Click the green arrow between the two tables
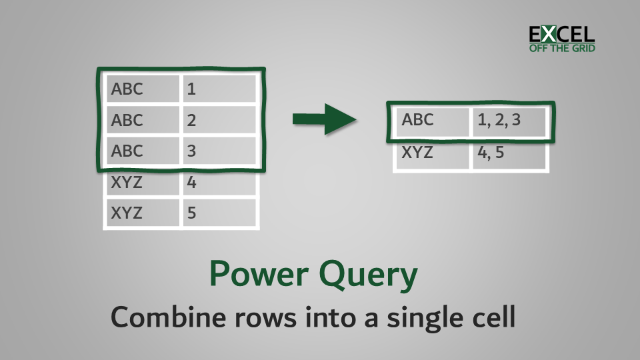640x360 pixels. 324,119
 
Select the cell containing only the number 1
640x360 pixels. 219,89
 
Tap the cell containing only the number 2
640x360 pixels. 219,120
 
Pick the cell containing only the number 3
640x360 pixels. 219,151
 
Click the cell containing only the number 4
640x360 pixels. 219,182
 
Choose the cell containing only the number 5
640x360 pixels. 219,213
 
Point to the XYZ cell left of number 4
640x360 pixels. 141,182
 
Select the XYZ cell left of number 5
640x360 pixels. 141,213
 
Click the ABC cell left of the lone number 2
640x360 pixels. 141,120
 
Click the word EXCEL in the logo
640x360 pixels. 561,34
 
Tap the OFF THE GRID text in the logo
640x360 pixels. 561,48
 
